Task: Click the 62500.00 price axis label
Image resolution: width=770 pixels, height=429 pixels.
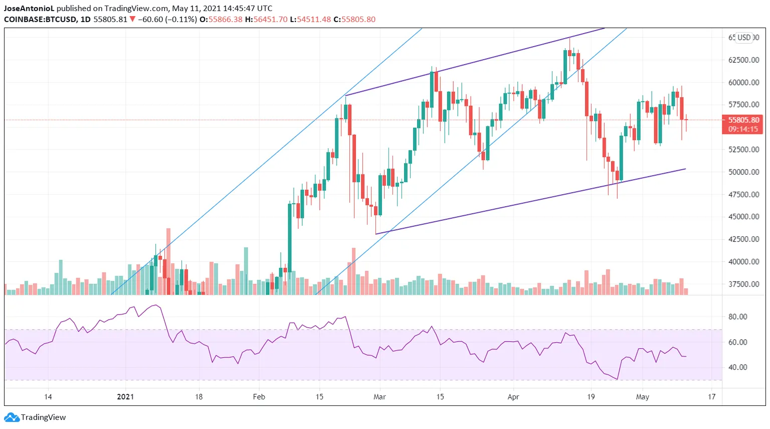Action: coord(743,60)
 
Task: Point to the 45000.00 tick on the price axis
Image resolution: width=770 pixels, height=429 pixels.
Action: coord(743,217)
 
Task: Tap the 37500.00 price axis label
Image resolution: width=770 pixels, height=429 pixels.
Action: coord(743,284)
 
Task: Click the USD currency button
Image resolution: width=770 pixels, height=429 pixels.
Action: coord(744,38)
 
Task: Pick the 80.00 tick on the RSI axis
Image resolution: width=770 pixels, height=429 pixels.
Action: coord(737,317)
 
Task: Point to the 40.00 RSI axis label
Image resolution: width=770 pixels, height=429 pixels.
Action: coord(737,367)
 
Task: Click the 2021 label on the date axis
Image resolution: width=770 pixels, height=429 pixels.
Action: coord(125,397)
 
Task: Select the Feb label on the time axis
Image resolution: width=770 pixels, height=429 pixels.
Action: coord(259,397)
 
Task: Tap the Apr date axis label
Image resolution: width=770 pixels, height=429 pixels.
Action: coord(513,397)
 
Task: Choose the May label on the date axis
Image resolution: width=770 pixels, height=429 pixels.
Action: coord(642,397)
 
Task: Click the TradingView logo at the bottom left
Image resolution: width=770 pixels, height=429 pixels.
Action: coord(35,417)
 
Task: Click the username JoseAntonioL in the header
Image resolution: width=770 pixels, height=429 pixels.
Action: coord(29,9)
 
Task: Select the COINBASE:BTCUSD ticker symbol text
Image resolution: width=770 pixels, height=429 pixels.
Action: coord(40,20)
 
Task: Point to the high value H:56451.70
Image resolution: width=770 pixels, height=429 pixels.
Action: coord(266,20)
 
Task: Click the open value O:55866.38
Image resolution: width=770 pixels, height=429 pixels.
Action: coord(221,20)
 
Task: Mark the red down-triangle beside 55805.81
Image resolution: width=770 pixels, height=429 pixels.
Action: coord(132,20)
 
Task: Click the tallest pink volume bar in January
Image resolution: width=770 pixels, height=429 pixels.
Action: coord(168,261)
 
